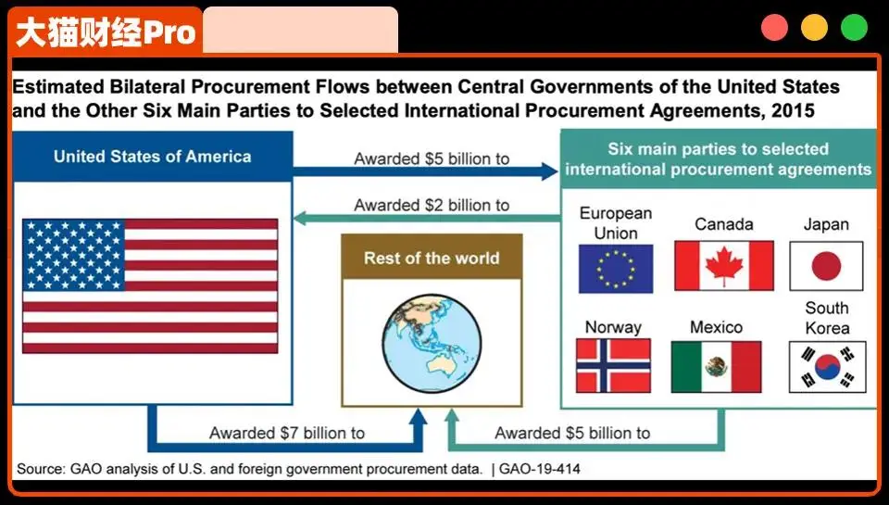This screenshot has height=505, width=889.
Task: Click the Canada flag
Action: coord(724,266)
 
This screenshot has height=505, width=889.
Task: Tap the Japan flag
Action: coord(826,266)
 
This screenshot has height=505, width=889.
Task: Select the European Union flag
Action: coord(616,269)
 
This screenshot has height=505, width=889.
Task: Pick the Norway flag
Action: coord(613,366)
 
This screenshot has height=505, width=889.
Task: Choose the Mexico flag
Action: coord(716,367)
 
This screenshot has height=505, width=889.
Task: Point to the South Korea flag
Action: coord(827,367)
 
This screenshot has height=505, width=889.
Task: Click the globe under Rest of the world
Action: coord(432,343)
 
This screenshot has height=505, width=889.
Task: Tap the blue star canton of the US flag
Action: coord(74,255)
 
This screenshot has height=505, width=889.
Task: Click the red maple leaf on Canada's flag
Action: coord(724,266)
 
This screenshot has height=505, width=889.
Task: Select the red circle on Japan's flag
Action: coord(826,266)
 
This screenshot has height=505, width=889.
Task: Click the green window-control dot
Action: coord(854,27)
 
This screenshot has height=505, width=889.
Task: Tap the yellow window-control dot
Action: coord(814,27)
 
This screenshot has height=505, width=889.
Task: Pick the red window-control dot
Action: coord(774,27)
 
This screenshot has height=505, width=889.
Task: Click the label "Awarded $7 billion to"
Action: coord(287,433)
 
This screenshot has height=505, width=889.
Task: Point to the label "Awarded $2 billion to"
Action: coord(432,205)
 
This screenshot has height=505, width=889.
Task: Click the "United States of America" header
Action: coord(153,157)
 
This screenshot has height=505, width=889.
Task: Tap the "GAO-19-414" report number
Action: coord(540,469)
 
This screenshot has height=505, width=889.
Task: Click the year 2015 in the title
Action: coord(793,109)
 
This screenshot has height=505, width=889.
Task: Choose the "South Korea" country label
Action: coord(827,318)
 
